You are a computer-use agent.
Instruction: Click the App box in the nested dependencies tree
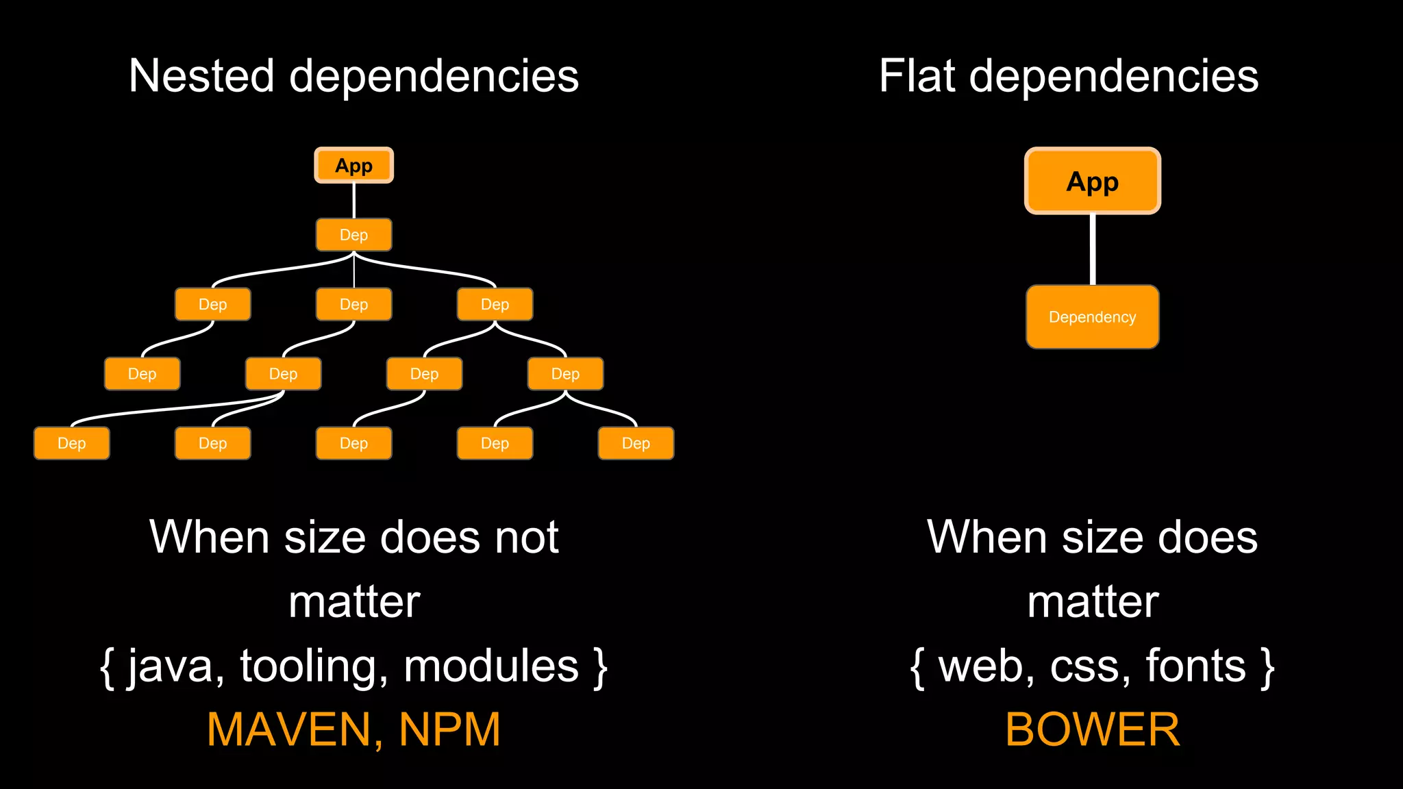(353, 166)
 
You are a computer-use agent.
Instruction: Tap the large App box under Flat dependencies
(1092, 181)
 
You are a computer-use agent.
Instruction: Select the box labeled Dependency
(1092, 317)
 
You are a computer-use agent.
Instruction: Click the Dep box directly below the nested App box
(353, 235)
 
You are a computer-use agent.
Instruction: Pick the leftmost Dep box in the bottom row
(71, 443)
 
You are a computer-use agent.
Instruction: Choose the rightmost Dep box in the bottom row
(636, 443)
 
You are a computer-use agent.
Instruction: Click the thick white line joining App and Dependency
(1092, 249)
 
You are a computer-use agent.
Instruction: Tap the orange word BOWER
(1092, 729)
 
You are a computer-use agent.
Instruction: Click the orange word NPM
(449, 729)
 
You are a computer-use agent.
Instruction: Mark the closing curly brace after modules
(601, 668)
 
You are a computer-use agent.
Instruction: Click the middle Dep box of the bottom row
(353, 443)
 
